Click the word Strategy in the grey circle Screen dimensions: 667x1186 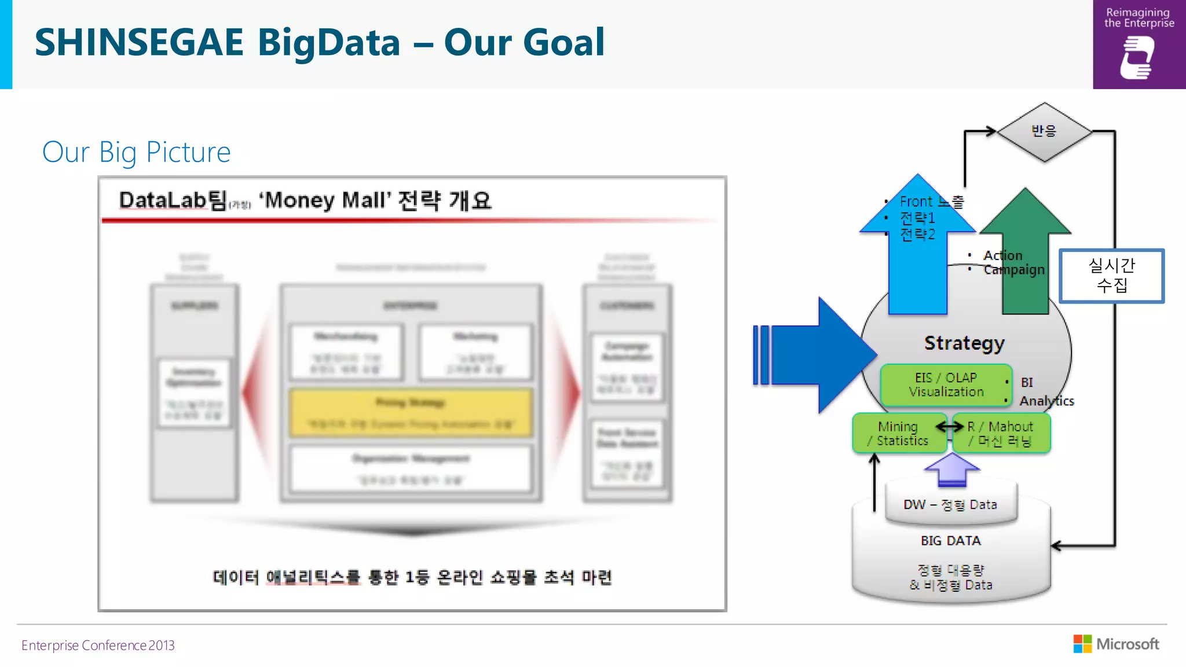click(964, 343)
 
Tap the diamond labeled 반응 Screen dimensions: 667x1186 click(1044, 131)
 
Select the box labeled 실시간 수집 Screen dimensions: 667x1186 click(1111, 276)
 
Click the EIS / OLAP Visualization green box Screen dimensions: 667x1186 click(946, 384)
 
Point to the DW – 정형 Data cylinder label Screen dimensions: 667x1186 click(950, 504)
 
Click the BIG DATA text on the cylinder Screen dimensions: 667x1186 click(950, 540)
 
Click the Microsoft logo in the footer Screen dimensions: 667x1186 click(1117, 644)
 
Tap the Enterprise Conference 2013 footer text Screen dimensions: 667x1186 click(98, 645)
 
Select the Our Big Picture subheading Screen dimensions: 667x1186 click(137, 152)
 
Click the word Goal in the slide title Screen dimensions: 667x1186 click(563, 42)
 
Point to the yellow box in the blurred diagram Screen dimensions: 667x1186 click(411, 413)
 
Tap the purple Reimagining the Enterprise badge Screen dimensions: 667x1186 click(1139, 45)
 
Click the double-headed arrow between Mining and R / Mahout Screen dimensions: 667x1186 click(950, 427)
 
